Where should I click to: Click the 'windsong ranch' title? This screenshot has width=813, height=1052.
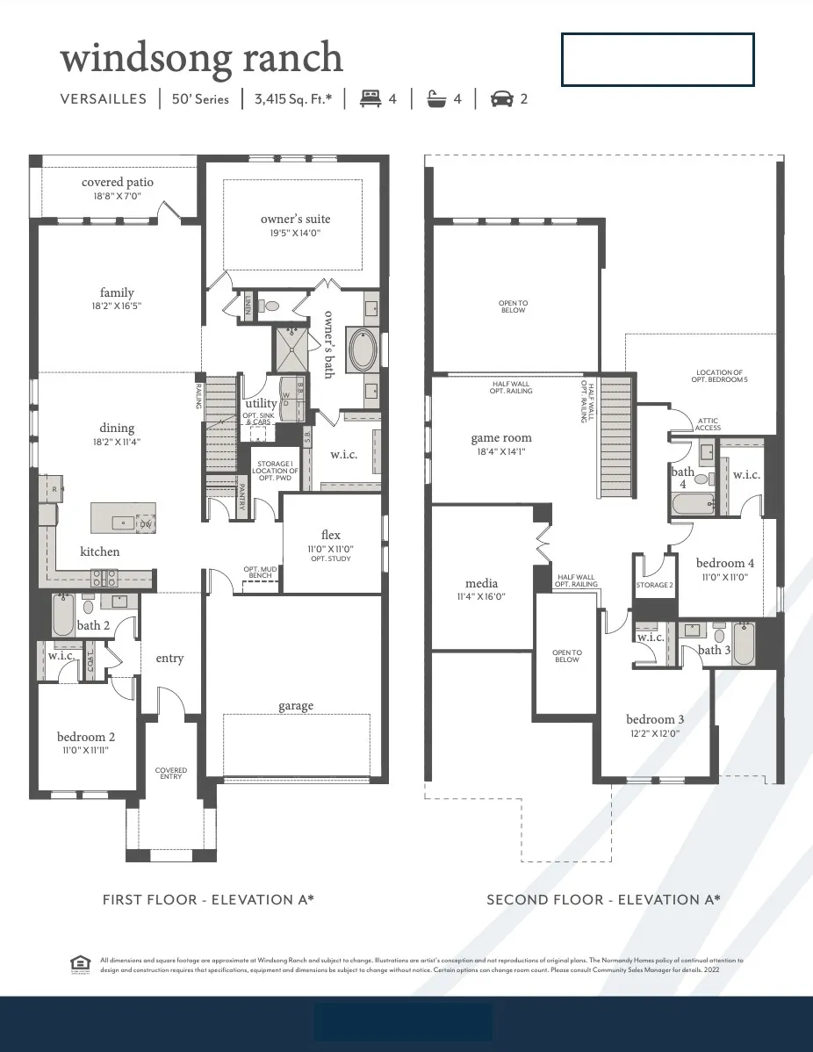pos(201,58)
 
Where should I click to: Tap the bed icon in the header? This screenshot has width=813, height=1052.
pos(371,98)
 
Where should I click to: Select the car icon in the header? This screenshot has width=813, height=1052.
pos(501,98)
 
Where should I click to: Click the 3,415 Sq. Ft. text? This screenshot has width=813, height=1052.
pos(293,99)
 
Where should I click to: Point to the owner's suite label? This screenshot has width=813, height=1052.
pos(295,219)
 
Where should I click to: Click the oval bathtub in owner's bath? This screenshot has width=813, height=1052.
pos(363,349)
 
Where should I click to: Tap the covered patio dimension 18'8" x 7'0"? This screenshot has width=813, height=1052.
pos(118,196)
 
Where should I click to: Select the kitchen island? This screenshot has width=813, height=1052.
pos(124,517)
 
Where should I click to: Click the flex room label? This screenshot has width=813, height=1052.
pos(330,535)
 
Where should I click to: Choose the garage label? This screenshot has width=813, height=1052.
pos(296,705)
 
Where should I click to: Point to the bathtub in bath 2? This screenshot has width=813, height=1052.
pos(63,616)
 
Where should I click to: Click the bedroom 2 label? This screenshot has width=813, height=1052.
pos(86,737)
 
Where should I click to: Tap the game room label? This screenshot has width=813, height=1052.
pos(501,438)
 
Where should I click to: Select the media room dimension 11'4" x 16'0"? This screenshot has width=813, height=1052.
pos(481,596)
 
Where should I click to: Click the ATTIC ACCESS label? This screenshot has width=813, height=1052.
pos(708,424)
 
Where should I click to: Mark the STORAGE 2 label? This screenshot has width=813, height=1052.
pos(654,585)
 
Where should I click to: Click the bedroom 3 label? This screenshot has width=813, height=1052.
pos(655,719)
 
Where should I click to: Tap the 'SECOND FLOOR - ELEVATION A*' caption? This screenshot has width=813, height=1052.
pos(603,899)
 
